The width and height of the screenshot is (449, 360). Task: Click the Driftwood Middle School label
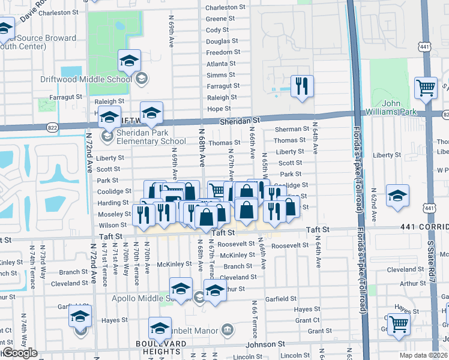95,79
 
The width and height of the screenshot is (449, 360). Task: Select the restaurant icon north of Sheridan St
301,86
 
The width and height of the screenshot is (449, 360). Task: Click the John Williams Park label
400,107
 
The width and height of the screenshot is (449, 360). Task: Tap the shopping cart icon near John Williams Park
426,88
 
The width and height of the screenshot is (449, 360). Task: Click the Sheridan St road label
238,121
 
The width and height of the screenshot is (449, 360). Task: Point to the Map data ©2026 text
424,355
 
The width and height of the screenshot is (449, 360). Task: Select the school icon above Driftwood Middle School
129,61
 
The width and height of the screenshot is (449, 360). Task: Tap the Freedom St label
223,52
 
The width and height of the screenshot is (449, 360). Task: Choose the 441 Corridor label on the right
423,228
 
